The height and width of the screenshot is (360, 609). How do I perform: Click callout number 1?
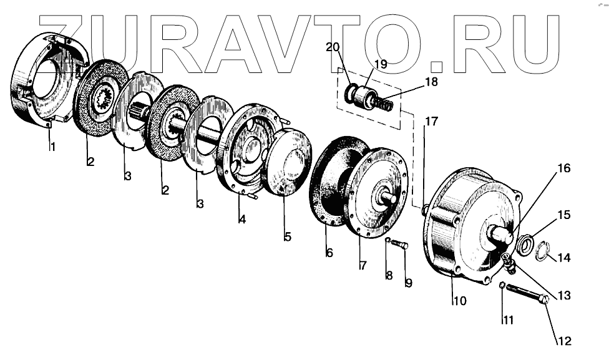point(53,147)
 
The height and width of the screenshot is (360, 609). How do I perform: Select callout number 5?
point(288,236)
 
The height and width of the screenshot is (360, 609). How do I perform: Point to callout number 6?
point(329,253)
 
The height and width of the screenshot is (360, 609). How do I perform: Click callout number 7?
point(362,265)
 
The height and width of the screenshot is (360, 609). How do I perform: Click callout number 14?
point(564,257)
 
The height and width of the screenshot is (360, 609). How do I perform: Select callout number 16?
point(564,168)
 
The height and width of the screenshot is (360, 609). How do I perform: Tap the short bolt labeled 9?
point(400,245)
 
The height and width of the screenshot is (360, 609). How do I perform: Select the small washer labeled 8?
point(387,240)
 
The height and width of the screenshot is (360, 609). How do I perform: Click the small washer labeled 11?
point(502,286)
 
